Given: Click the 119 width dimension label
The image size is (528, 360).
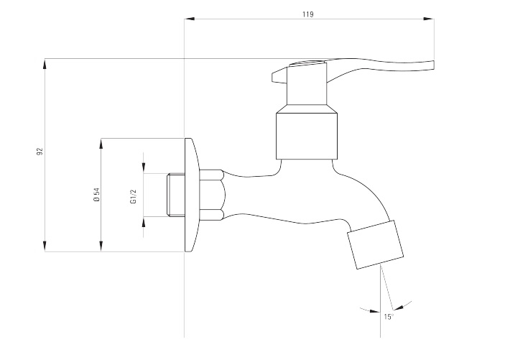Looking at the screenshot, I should (x=309, y=13).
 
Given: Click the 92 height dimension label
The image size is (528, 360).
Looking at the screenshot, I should (x=40, y=152).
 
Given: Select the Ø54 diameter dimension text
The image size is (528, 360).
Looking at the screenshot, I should (x=95, y=195).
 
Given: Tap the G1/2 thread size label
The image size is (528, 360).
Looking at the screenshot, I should (x=133, y=195).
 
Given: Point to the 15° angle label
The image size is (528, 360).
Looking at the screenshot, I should (x=389, y=316).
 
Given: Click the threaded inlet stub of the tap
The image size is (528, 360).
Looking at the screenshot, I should (x=175, y=195).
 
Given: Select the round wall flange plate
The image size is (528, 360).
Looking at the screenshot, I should (x=191, y=195).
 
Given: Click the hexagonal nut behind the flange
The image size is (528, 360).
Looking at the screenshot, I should (x=211, y=194).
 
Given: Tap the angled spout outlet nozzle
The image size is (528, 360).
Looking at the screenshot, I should (x=375, y=244).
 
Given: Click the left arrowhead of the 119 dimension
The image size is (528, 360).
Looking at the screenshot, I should (x=189, y=19).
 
